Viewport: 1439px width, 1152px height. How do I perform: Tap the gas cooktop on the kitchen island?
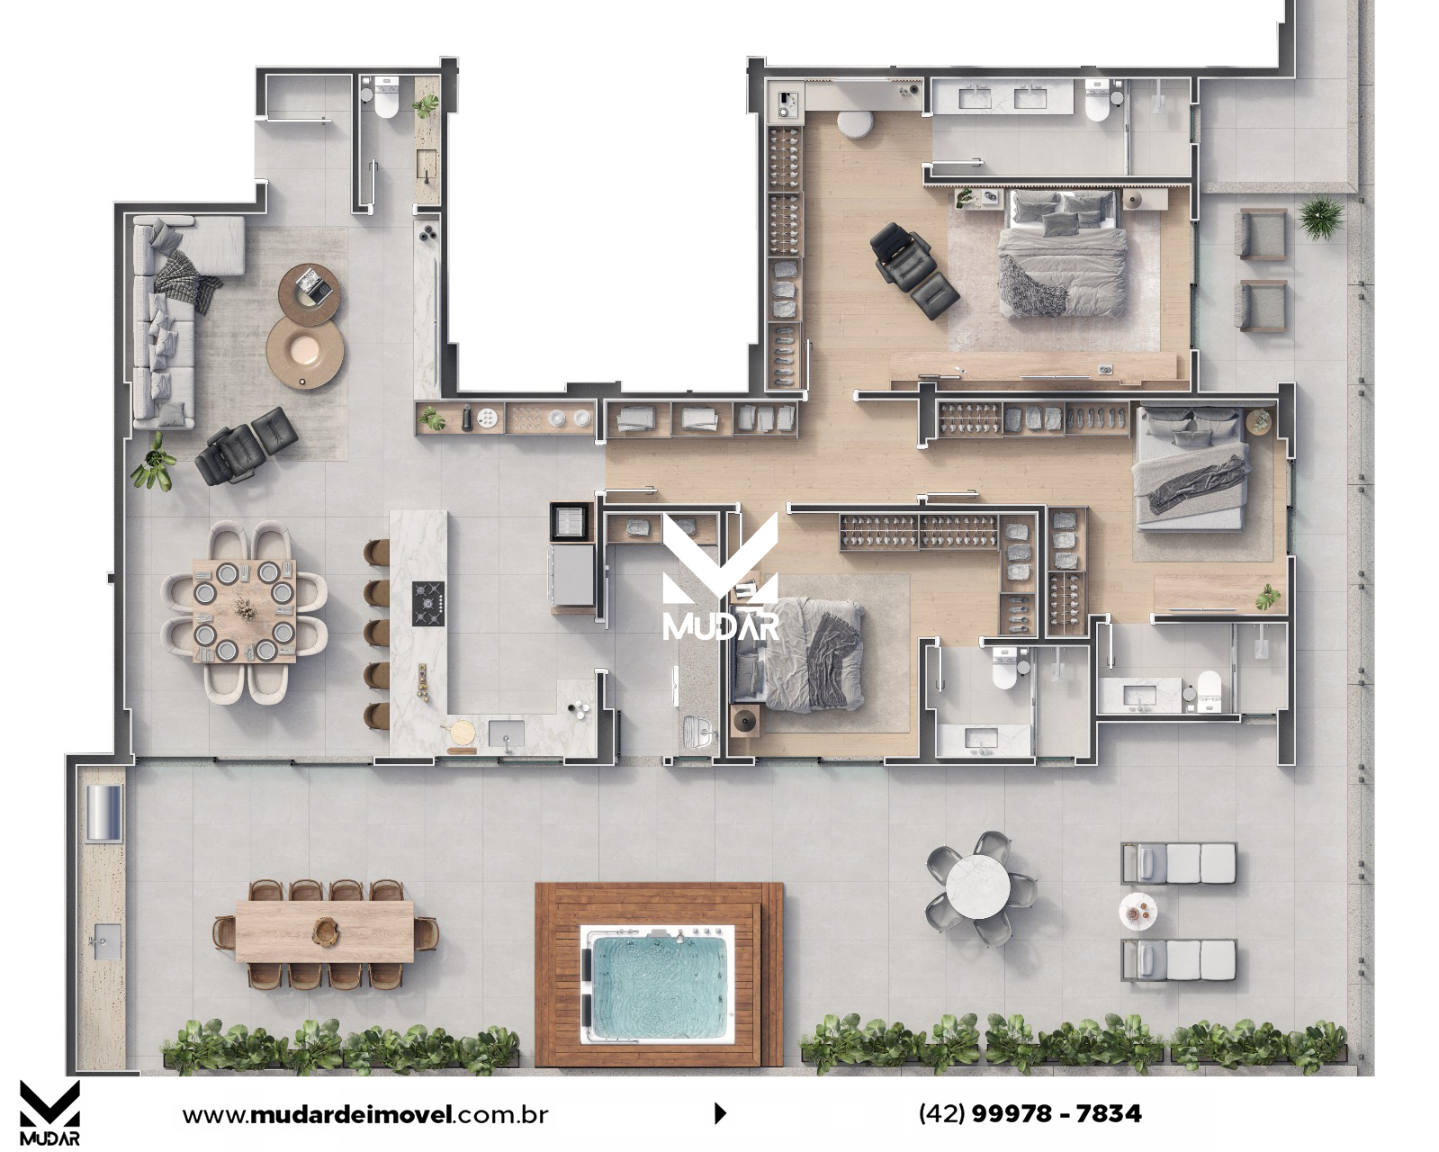click(x=428, y=603)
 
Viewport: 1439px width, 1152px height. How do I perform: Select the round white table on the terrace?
click(x=977, y=889)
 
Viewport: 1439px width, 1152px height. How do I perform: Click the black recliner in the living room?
click(x=247, y=445)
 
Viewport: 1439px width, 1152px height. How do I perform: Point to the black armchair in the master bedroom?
click(x=913, y=269)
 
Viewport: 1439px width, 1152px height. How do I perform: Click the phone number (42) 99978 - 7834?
click(x=1030, y=1113)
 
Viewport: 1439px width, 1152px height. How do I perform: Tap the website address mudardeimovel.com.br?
click(x=365, y=1114)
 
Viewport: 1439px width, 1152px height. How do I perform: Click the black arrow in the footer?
click(x=720, y=1114)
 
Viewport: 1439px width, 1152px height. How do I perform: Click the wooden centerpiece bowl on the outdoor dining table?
click(x=325, y=928)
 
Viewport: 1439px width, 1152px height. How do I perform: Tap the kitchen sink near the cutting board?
click(x=506, y=733)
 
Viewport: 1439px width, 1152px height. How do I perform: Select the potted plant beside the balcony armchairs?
click(x=1320, y=218)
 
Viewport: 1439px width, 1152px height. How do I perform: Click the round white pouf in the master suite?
click(x=855, y=124)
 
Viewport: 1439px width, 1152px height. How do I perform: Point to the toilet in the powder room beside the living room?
click(x=386, y=103)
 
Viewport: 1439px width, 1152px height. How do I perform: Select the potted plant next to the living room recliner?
click(x=155, y=462)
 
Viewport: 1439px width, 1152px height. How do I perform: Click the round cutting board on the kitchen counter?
click(x=462, y=733)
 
